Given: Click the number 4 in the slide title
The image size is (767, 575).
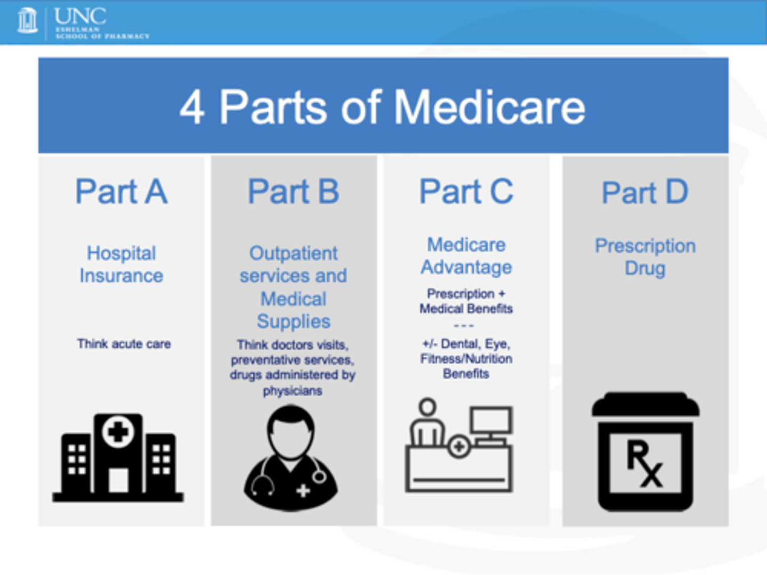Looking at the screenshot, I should [x=192, y=108].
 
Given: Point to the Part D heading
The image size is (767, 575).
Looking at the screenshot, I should [x=644, y=193].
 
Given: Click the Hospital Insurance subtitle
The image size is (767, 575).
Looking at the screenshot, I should [x=121, y=264].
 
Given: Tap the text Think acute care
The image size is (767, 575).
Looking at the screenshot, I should [x=124, y=344].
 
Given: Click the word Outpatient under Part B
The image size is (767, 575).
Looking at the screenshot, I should [x=293, y=253].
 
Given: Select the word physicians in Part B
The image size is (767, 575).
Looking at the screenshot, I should [x=292, y=391].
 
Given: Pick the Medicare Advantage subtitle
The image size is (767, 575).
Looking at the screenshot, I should [x=466, y=256].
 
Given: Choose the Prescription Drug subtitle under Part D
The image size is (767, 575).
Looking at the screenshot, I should [x=645, y=257].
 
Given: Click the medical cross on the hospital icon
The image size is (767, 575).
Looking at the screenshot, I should [x=118, y=431].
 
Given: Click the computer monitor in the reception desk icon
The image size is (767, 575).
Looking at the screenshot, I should [x=491, y=421].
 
